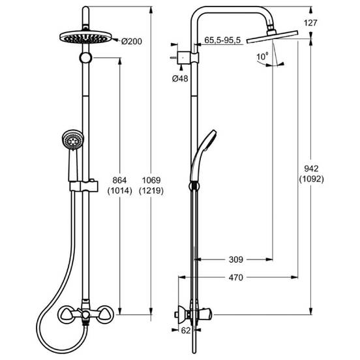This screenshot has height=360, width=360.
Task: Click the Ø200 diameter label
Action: (132, 42)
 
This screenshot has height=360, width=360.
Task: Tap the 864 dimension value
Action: (119, 180)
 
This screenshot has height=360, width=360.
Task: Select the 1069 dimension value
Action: (151, 180)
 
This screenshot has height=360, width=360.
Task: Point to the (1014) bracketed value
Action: (119, 191)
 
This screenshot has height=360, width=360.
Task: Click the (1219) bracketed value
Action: (151, 191)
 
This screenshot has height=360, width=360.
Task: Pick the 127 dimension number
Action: (310, 23)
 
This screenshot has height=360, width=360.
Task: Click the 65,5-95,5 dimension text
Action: (222, 40)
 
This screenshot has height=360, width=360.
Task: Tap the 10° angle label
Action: (262, 57)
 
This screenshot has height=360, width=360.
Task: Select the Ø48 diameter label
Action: (180, 79)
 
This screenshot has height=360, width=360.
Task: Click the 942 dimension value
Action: (311, 169)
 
